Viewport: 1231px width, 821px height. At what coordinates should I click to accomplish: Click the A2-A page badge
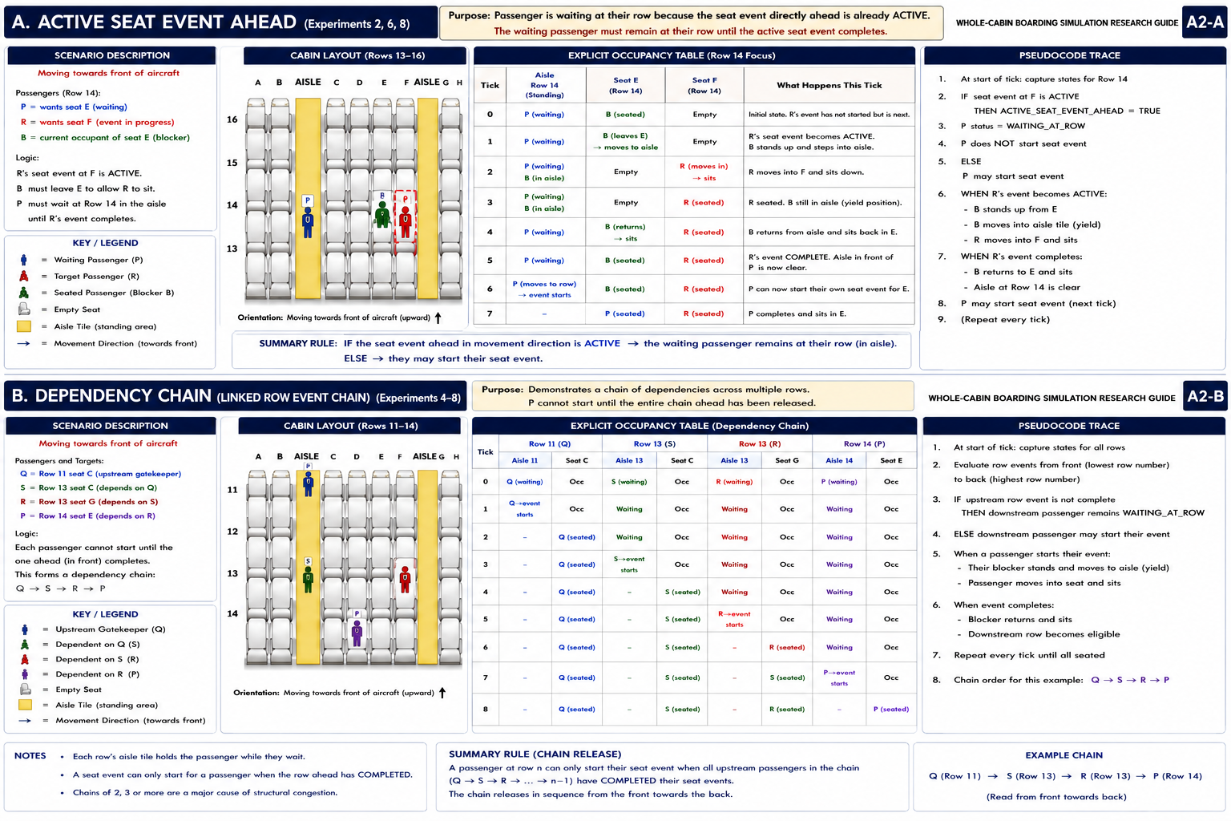point(1204,22)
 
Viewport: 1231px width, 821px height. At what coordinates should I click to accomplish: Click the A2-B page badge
point(1205,397)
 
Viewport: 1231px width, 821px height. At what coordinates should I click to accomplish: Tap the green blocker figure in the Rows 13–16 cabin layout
point(382,214)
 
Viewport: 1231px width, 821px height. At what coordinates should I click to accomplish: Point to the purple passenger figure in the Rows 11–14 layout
point(357,633)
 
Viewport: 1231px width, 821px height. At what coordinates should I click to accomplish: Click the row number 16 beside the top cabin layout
point(232,119)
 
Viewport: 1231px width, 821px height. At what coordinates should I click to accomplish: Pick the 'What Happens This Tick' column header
point(829,85)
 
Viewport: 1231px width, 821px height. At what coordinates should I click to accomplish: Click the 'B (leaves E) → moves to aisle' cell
point(625,141)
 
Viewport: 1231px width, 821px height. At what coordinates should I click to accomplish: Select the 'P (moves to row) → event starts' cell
point(544,289)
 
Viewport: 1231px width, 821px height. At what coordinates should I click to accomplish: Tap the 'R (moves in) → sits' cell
point(704,172)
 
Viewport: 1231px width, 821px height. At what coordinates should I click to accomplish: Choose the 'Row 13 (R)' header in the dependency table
point(760,443)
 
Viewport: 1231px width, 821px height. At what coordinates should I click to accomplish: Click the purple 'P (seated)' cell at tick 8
point(891,710)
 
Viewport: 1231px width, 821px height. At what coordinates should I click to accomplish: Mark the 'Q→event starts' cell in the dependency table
point(525,508)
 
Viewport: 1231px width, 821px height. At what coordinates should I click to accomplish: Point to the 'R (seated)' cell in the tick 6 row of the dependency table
point(787,647)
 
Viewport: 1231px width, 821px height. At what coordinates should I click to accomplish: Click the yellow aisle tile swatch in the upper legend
point(23,326)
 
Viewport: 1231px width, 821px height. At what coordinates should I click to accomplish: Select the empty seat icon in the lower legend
point(26,690)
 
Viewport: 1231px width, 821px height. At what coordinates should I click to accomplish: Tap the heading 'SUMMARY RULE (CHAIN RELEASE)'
point(535,754)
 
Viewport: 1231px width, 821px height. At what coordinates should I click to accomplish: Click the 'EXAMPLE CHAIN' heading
point(1064,755)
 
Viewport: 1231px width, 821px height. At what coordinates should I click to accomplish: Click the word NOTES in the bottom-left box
point(30,756)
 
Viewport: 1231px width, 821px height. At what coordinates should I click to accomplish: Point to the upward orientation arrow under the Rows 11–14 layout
point(442,693)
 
